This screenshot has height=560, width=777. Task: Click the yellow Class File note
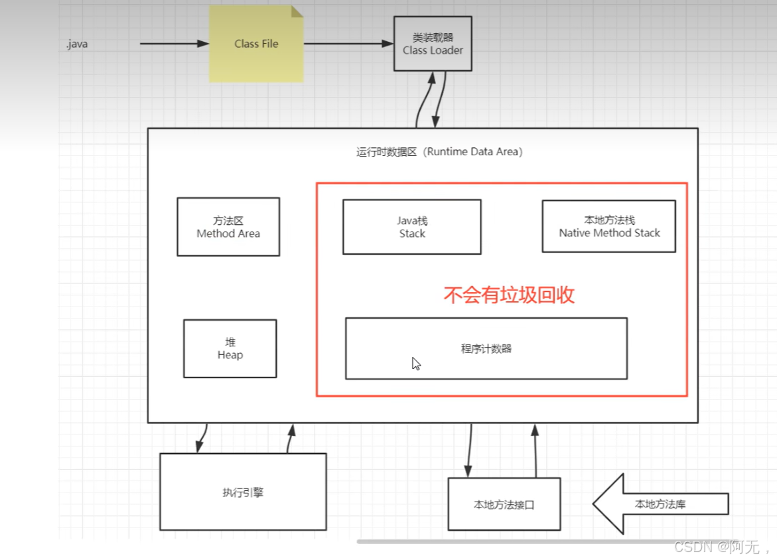click(256, 44)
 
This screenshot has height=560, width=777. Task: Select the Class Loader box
click(433, 44)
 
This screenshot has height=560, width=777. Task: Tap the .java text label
click(77, 44)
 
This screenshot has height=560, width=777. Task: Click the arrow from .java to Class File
click(174, 44)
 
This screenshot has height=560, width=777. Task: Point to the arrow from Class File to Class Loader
click(348, 44)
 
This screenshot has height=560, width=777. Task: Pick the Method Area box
click(228, 227)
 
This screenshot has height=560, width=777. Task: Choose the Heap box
click(230, 348)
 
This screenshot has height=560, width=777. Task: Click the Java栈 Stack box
click(412, 227)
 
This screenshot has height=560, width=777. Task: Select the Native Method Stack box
click(609, 226)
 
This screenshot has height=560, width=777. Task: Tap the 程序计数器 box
click(486, 349)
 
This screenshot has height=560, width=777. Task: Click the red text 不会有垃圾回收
click(509, 295)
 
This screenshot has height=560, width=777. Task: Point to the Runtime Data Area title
click(439, 152)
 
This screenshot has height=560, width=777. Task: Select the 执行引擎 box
click(243, 492)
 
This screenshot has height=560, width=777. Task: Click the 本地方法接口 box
click(504, 504)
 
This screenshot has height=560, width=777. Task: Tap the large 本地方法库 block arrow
click(660, 504)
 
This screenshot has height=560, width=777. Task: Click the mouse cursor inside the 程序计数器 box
click(416, 364)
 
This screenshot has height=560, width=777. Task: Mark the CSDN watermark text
click(721, 547)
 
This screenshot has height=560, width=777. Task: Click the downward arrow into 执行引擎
click(201, 438)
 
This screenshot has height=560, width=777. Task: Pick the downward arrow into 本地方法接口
click(469, 450)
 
